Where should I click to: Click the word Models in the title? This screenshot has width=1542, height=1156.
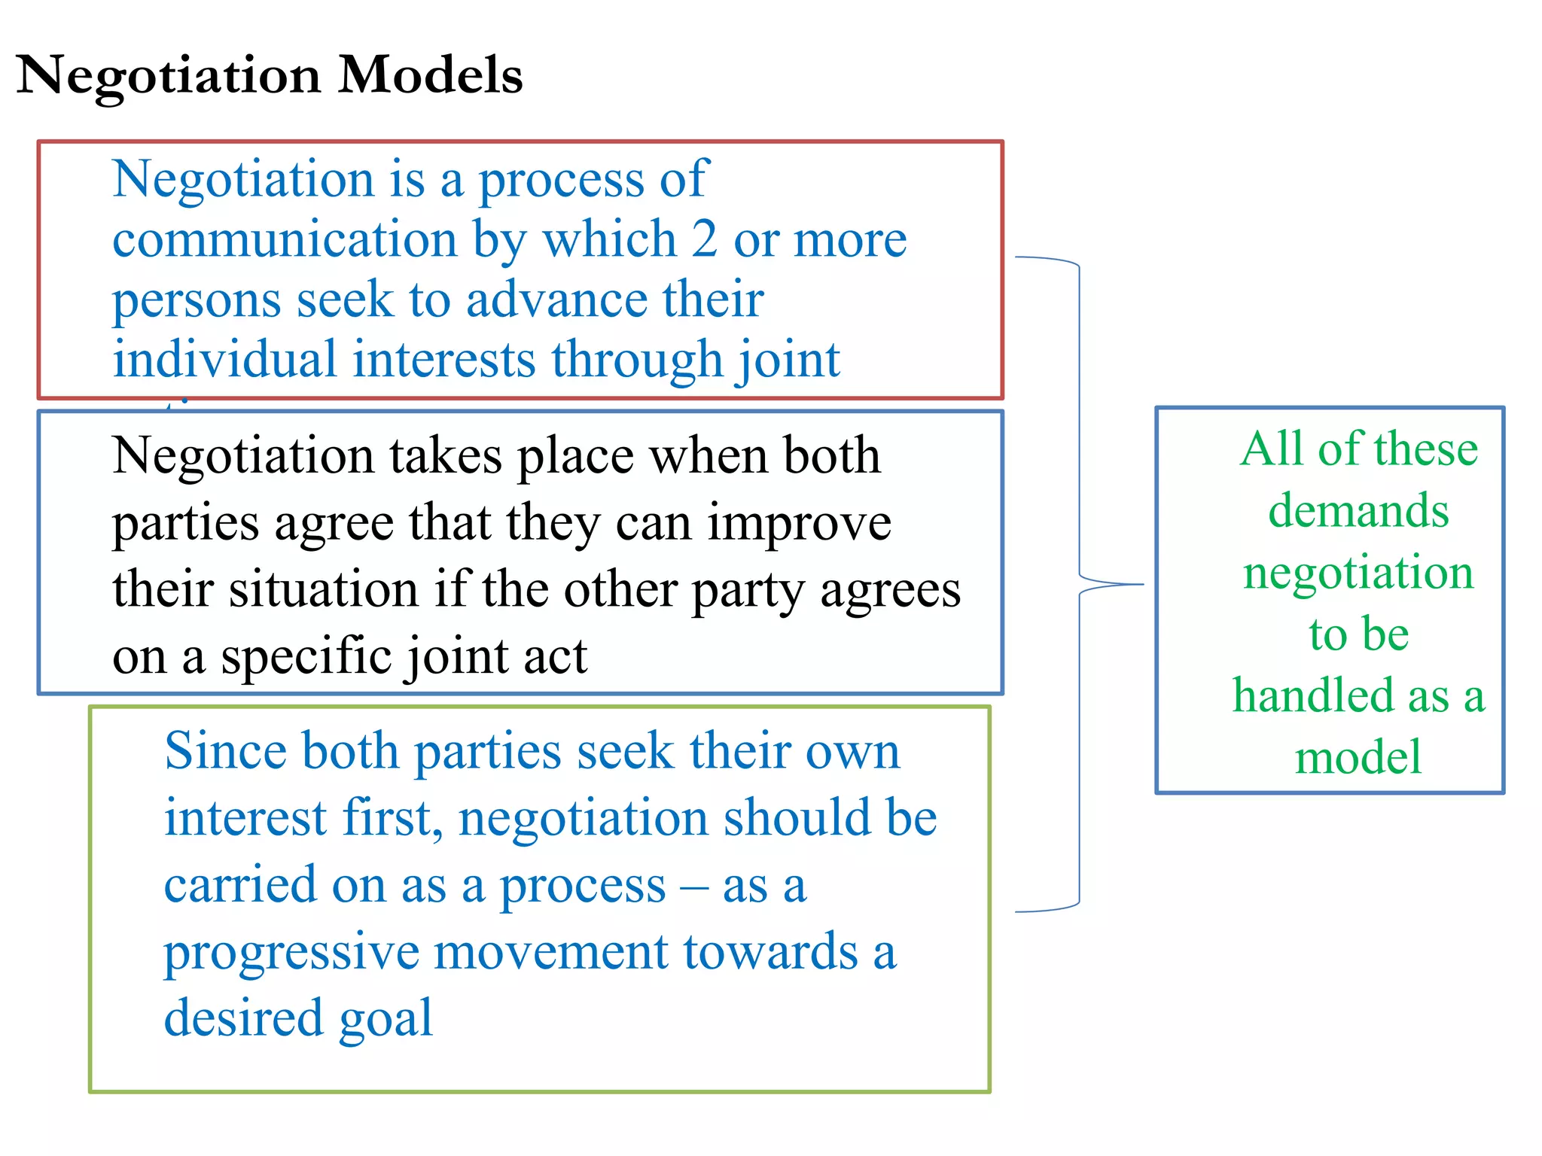point(430,75)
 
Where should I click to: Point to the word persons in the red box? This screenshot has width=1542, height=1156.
point(196,301)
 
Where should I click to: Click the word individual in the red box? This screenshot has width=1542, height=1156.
point(224,359)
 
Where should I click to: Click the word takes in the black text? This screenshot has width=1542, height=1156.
point(445,456)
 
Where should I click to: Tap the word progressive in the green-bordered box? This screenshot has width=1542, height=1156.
point(291,954)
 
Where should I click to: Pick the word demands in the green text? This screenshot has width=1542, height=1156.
point(1358,511)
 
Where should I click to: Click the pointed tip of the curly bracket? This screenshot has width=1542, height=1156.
point(1143,584)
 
